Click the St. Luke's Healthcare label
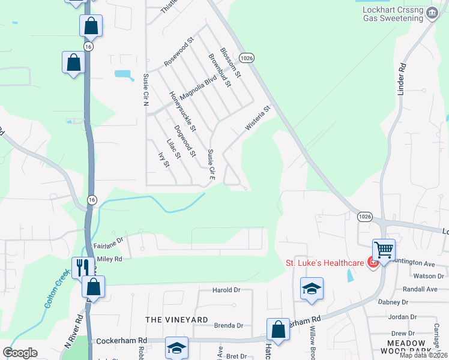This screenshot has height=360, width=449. pyautogui.click(x=325, y=262)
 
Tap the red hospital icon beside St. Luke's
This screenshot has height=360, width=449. pyautogui.click(x=372, y=263)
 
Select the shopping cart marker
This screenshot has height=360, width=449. pyautogui.click(x=384, y=248)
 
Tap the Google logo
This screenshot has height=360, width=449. pyautogui.click(x=20, y=353)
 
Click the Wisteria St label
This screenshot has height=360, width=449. pyautogui.click(x=258, y=118)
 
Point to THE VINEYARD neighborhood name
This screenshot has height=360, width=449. pyautogui.click(x=176, y=320)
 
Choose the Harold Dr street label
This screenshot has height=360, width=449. pyautogui.click(x=226, y=290)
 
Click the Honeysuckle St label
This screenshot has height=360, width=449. pyautogui.click(x=182, y=112)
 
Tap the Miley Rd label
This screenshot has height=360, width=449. pyautogui.click(x=109, y=259)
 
